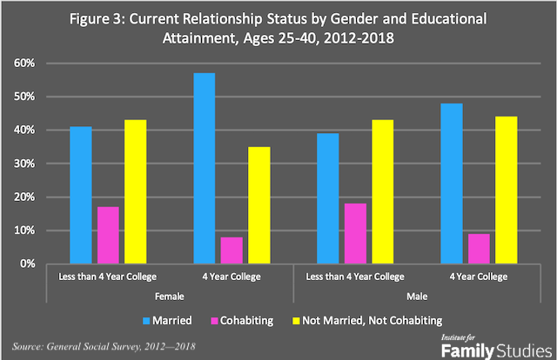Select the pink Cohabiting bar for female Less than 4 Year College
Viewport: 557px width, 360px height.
click(x=109, y=235)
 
